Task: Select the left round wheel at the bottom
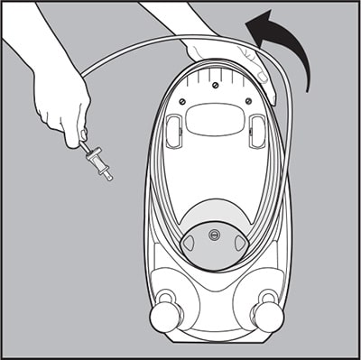(166, 317)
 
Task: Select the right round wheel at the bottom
(268, 316)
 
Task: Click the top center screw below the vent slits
(216, 86)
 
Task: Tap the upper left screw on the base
(184, 101)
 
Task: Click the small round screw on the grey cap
(215, 235)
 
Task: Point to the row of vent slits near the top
(216, 69)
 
